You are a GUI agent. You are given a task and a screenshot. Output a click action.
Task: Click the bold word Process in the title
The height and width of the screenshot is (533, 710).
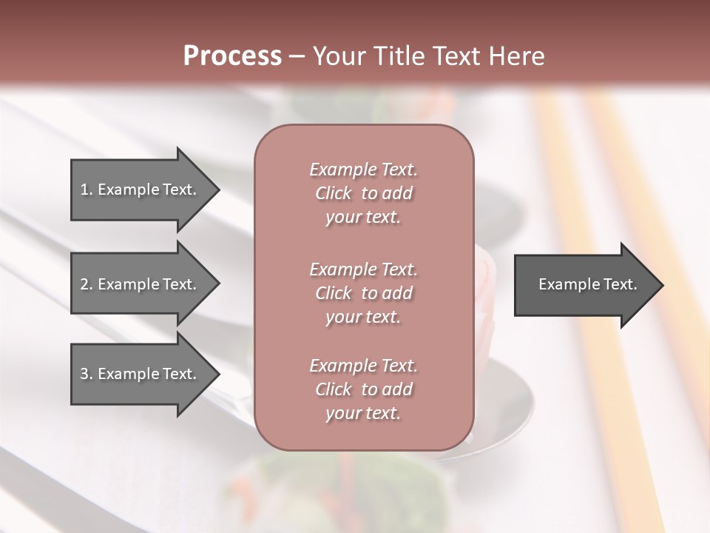232,56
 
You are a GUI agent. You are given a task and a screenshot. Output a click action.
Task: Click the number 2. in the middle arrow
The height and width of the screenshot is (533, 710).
86,284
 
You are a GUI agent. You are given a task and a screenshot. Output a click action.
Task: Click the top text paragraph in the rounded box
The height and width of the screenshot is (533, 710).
363,193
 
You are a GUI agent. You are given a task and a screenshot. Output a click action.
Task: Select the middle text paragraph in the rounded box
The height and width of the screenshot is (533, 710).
363,293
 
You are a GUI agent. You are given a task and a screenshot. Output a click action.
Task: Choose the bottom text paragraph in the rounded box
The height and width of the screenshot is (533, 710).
363,389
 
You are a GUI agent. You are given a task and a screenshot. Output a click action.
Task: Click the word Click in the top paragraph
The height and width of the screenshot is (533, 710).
334,193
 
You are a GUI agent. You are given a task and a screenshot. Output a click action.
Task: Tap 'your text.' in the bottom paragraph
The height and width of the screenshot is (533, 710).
363,414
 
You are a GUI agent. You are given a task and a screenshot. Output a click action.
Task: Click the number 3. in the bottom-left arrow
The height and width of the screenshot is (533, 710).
86,374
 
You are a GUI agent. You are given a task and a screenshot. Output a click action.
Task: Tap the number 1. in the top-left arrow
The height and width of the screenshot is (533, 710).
86,190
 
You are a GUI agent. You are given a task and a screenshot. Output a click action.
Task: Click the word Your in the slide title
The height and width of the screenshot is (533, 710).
336,56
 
